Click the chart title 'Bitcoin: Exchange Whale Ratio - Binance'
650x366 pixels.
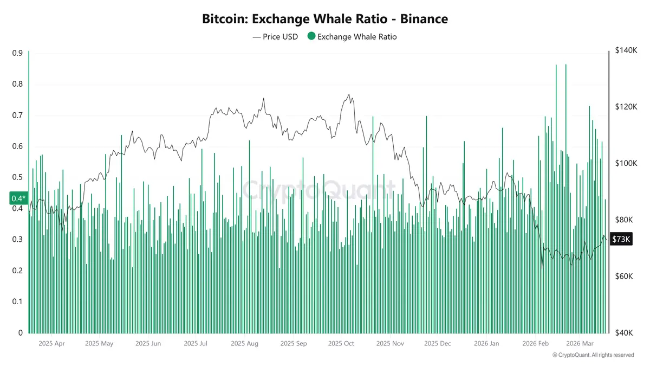325,19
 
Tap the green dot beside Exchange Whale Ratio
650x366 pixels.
311,37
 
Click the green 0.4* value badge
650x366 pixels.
18,198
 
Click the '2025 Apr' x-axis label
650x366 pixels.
52,344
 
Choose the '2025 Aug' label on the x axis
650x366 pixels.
244,344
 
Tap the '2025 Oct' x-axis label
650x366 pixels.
341,344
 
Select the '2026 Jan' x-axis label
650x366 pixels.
486,344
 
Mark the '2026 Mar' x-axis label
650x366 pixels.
580,344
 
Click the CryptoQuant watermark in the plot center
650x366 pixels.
318,190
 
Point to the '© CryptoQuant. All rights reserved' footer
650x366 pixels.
593,355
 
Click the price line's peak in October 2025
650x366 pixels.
349,94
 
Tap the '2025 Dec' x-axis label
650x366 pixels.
437,344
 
